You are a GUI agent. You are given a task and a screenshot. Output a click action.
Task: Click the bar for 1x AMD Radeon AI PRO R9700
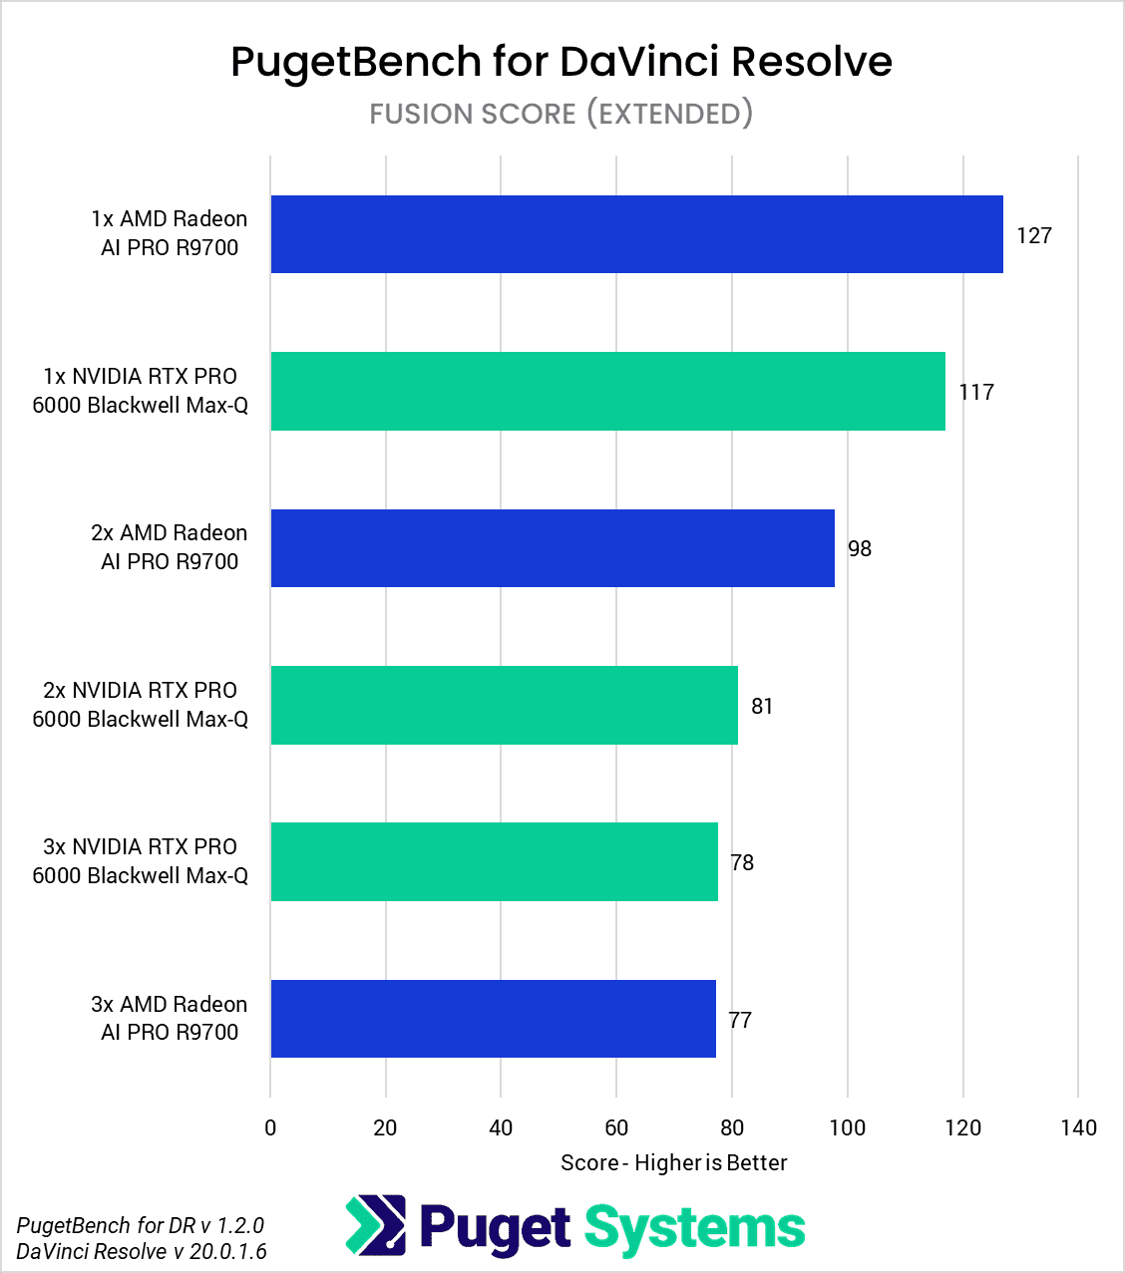pyautogui.click(x=636, y=234)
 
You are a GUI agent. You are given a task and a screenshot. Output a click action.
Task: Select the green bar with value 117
pyautogui.click(x=607, y=391)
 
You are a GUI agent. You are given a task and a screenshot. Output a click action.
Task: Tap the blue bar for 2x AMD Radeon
pyautogui.click(x=553, y=548)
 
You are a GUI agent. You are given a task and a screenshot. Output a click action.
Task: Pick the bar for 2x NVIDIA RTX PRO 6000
pyautogui.click(x=504, y=705)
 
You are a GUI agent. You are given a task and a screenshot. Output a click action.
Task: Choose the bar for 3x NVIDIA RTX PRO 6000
pyautogui.click(x=494, y=861)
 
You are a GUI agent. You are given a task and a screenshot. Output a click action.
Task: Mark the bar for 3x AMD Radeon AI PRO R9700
pyautogui.click(x=493, y=1019)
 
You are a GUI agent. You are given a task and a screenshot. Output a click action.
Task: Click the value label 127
pyautogui.click(x=1034, y=235)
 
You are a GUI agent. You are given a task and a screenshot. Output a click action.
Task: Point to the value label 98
pyautogui.click(x=859, y=549)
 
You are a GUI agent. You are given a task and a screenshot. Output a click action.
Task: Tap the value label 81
pyautogui.click(x=762, y=706)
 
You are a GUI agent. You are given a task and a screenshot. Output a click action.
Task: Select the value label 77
pyautogui.click(x=740, y=1020)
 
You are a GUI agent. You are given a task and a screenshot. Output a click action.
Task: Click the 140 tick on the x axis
pyautogui.click(x=1078, y=1127)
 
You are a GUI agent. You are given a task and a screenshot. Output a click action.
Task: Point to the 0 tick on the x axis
pyautogui.click(x=270, y=1127)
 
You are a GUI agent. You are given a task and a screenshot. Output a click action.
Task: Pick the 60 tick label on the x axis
pyautogui.click(x=616, y=1127)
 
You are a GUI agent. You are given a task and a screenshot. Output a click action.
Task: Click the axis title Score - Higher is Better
pyautogui.click(x=673, y=1162)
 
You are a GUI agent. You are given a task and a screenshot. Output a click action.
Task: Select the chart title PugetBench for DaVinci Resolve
pyautogui.click(x=562, y=61)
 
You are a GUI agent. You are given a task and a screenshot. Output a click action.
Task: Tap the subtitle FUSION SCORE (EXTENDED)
pyautogui.click(x=562, y=114)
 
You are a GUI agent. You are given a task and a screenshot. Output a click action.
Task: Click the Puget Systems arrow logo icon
pyautogui.click(x=376, y=1225)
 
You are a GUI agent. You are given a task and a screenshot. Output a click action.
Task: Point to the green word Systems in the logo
pyautogui.click(x=694, y=1227)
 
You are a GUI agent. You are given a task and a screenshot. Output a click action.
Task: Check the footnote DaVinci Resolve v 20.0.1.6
pyautogui.click(x=142, y=1251)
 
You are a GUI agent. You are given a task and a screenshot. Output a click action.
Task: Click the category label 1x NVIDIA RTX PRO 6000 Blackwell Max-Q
pyautogui.click(x=140, y=391)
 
